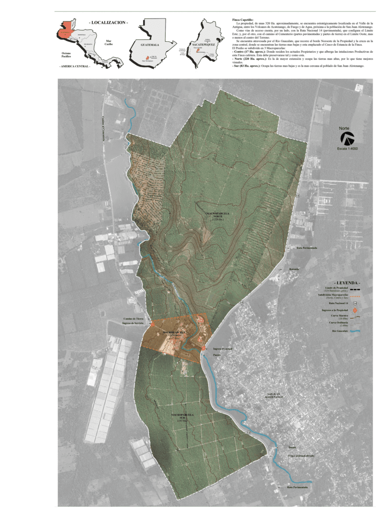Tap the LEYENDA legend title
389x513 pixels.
347,282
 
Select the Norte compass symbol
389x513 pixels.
348,139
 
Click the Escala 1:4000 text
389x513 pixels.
347,149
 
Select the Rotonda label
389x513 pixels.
294,269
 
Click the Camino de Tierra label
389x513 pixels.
133,318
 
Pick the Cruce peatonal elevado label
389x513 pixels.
301,456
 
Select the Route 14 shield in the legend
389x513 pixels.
355,303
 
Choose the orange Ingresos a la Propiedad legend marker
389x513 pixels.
355,309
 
